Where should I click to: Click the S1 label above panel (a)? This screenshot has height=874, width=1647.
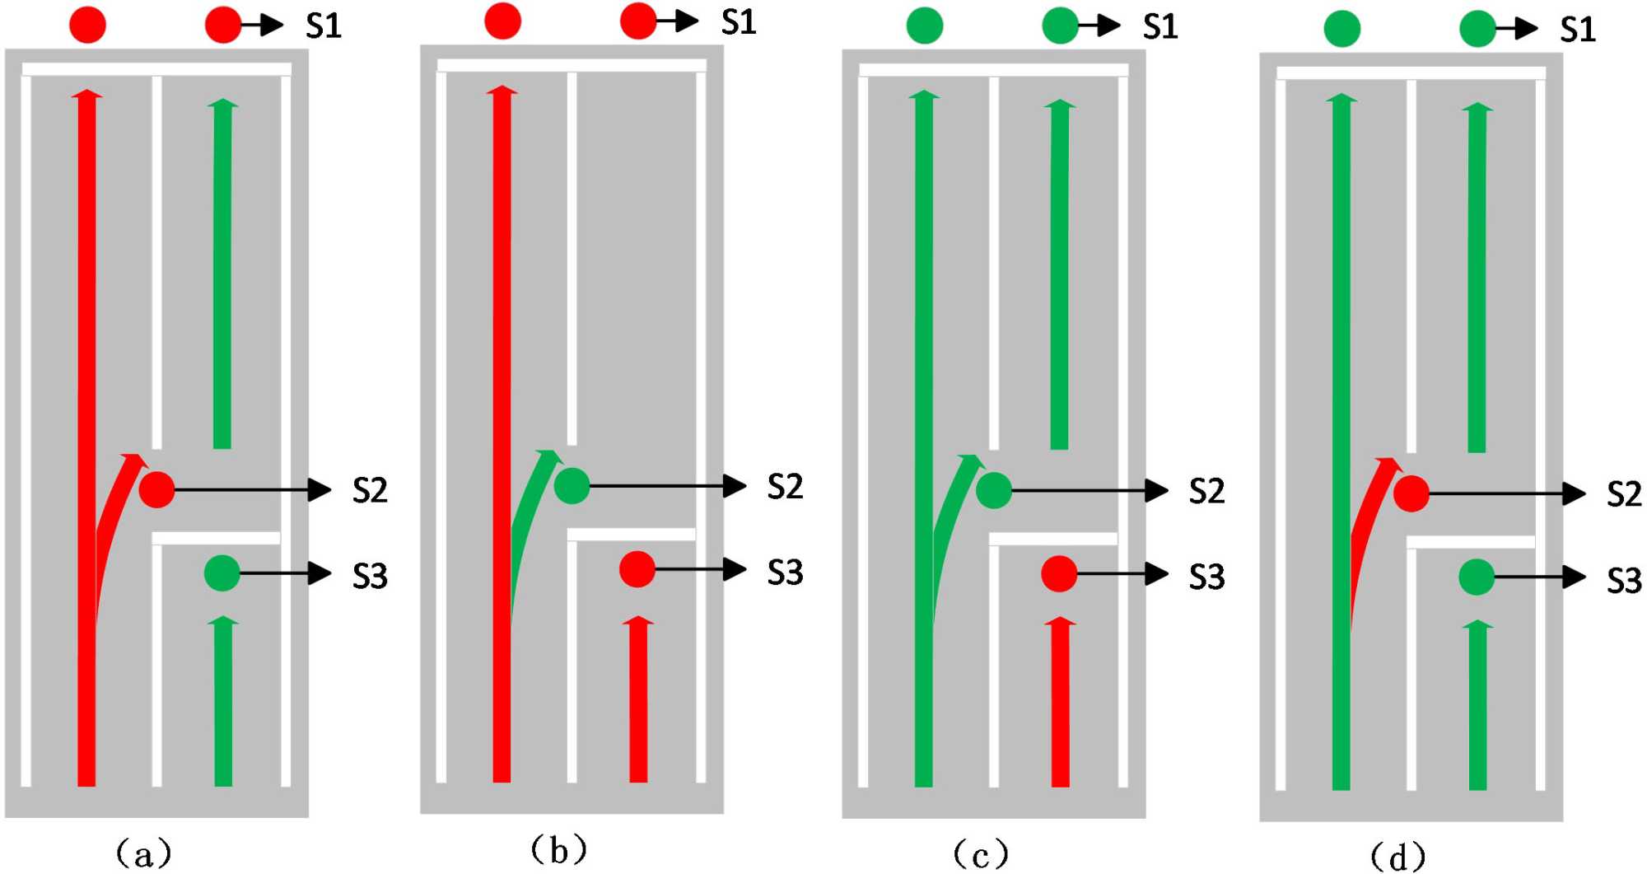point(324,26)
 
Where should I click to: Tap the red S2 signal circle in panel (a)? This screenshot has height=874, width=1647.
point(156,489)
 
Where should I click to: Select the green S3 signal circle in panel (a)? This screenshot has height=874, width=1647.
point(222,573)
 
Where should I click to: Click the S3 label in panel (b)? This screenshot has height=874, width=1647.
point(785,573)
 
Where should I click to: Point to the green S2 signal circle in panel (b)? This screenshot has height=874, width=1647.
point(572,486)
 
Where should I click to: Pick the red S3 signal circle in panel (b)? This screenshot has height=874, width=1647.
point(637,569)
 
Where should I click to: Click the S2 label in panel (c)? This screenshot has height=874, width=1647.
point(1206,492)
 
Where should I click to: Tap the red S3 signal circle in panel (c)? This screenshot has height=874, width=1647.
point(1059,574)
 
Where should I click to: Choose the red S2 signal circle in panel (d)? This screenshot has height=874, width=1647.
point(1411,494)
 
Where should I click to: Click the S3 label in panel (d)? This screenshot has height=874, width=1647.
point(1624,581)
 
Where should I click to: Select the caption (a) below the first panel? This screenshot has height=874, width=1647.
point(144,853)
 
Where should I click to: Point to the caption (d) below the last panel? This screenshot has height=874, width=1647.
point(1398,857)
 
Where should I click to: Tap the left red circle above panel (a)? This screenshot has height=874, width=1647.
point(87,25)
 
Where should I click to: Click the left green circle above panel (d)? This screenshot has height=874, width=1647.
point(1342,29)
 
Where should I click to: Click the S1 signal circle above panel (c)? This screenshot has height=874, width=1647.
point(1060,26)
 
